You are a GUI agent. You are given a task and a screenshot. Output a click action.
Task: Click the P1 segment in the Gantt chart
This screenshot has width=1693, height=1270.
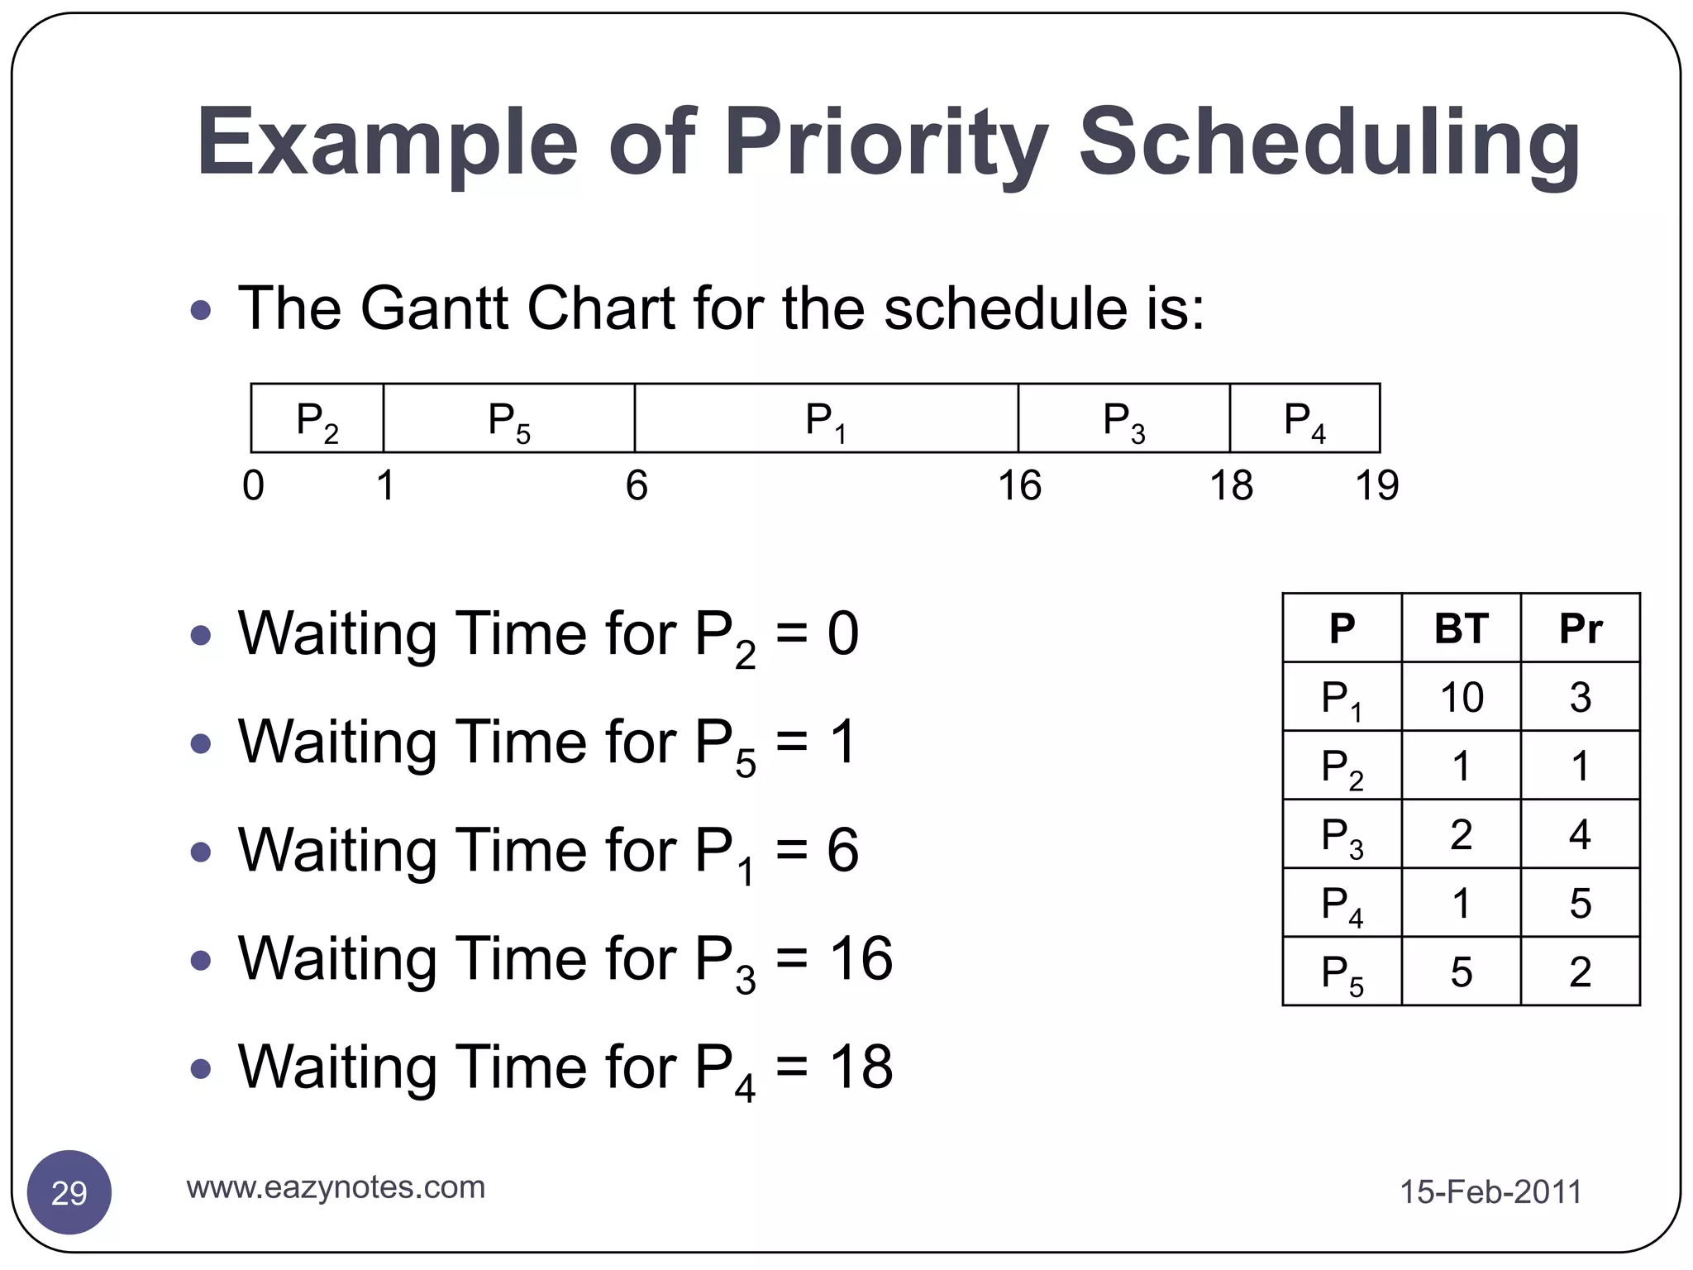pos(826,418)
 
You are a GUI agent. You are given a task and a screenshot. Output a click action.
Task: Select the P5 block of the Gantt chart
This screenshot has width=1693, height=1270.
pos(508,418)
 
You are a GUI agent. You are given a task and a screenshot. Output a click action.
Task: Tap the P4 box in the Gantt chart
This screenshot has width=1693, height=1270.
pos(1304,418)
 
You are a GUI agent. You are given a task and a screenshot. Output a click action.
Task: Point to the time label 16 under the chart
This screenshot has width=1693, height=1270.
pos(1019,485)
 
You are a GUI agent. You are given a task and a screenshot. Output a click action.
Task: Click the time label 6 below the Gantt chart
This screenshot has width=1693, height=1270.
pos(636,485)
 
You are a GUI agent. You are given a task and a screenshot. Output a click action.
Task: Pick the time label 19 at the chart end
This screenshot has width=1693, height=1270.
pos(1376,485)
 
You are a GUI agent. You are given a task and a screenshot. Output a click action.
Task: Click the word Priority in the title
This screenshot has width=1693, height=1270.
pos(885,142)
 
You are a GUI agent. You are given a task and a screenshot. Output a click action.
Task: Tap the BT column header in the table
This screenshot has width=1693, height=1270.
pos(1461,628)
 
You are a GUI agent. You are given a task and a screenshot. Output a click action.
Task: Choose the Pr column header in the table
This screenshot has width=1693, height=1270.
pos(1580,628)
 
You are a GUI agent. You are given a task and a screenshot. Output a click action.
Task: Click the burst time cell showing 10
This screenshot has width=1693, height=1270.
pos(1461,697)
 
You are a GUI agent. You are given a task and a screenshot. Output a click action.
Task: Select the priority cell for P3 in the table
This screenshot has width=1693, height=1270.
pos(1580,834)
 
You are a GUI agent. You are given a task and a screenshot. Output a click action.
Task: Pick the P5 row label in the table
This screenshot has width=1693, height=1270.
pos(1342,972)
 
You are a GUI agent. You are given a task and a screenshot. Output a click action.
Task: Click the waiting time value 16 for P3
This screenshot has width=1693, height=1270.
pos(861,959)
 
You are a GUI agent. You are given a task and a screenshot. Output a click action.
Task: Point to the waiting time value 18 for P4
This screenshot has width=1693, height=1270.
pos(861,1067)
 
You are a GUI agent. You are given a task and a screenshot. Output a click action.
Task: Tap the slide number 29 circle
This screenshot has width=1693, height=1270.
pos(69,1192)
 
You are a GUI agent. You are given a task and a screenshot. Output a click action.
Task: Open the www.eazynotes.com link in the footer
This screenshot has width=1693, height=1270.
pos(336,1187)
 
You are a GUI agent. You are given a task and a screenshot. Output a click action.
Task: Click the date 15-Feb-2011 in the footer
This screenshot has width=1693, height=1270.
pos(1490,1192)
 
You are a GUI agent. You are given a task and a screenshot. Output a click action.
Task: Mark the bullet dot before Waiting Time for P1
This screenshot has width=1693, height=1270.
pos(200,852)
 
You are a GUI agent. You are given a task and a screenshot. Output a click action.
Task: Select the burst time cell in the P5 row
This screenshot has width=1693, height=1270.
pos(1461,972)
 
